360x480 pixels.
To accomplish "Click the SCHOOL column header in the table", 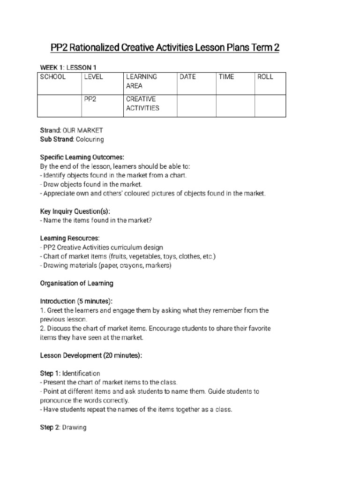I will [53, 77].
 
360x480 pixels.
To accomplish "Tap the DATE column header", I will [187, 77].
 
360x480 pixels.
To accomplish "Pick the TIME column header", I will [226, 77].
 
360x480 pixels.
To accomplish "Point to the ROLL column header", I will [265, 77].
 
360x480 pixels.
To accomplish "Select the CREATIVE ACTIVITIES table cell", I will [142, 104].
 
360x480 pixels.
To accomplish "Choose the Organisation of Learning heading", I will [77, 284].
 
